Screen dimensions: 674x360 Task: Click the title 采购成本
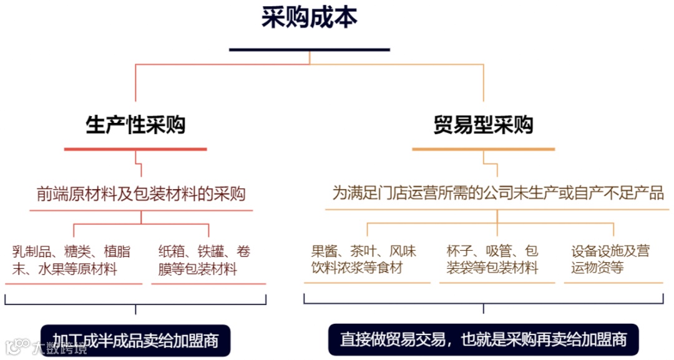click(x=310, y=18)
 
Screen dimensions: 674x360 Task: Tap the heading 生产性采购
click(x=135, y=126)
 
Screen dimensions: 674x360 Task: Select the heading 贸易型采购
click(x=483, y=126)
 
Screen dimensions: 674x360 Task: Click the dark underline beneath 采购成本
click(x=310, y=49)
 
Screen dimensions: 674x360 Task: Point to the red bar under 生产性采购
click(x=135, y=149)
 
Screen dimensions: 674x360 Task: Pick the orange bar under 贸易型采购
click(x=483, y=149)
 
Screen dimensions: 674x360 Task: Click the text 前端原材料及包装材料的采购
click(x=141, y=194)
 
